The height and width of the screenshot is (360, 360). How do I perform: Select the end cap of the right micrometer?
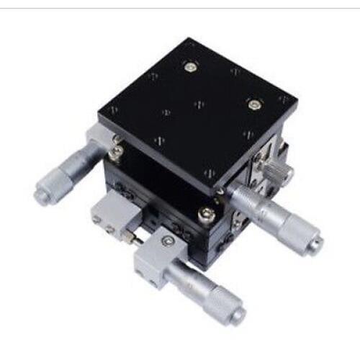pos(314,244)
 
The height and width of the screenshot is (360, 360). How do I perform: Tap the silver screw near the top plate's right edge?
pos(253,104)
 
